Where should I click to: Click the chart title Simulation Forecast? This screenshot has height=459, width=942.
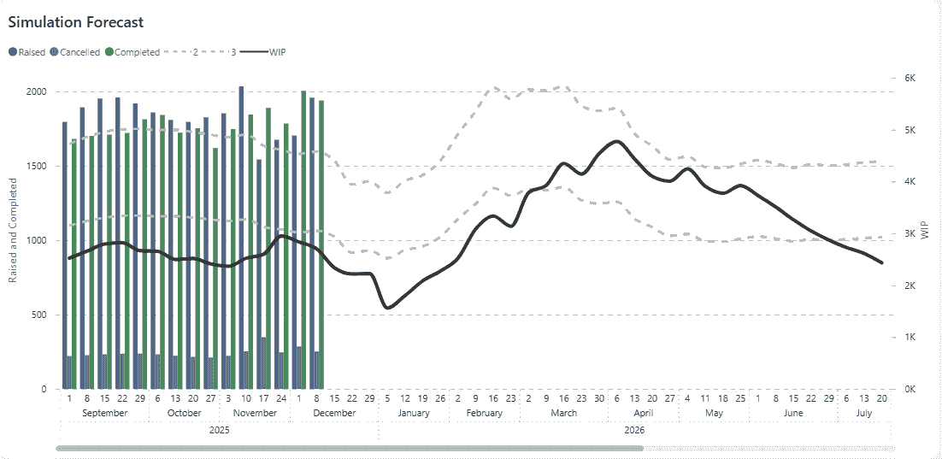click(x=76, y=22)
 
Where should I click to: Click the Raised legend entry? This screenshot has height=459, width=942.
click(x=31, y=52)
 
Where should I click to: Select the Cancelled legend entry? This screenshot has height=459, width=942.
click(x=79, y=52)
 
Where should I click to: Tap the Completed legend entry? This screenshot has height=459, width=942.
click(x=137, y=52)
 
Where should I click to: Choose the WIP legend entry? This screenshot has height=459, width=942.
click(x=277, y=52)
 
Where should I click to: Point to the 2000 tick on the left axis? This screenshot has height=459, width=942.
click(x=38, y=92)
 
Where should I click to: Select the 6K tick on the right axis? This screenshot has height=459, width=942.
click(x=910, y=78)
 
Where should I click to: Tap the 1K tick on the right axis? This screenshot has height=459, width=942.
click(x=910, y=338)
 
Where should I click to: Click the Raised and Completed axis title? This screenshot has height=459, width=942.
click(x=13, y=231)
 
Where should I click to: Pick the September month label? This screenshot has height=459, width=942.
click(x=104, y=413)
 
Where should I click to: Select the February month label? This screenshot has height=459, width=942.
click(x=484, y=413)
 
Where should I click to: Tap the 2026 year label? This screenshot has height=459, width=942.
click(x=634, y=430)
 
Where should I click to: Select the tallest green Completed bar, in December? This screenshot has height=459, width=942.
click(x=303, y=239)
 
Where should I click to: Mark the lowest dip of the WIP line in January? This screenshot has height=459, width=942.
click(x=388, y=308)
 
